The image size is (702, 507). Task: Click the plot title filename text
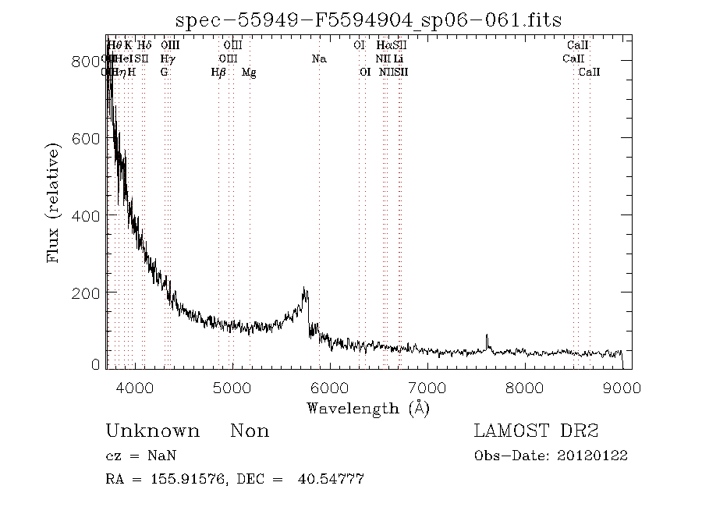[x=368, y=19]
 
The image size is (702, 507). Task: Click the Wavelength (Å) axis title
[x=368, y=407]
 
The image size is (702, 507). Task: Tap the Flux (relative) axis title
[x=54, y=203]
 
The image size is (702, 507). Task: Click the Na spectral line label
[x=318, y=58]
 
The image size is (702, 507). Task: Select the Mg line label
[x=249, y=73]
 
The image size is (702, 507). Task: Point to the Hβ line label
[x=218, y=73]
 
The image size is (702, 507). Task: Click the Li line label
[x=398, y=58]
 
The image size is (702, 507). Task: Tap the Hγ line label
[x=167, y=58]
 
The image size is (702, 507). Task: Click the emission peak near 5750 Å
[x=305, y=290]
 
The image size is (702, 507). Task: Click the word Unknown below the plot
[x=152, y=431]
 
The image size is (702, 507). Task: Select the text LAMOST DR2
[x=536, y=431]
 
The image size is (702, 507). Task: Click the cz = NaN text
[x=144, y=456]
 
